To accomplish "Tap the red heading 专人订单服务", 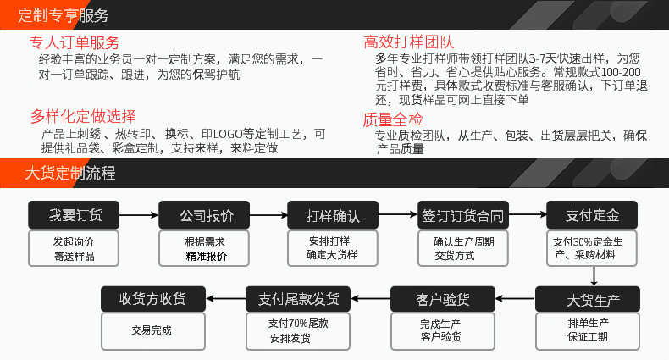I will pos(75,43).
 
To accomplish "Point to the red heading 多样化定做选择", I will pos(83,117).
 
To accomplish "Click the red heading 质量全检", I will pos(392,119).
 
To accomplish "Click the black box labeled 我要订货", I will pos(75,215).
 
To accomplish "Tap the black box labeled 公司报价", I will pos(206,215).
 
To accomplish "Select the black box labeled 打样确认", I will pos(333,215).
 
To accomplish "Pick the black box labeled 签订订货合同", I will pos(462,215).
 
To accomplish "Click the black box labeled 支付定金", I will pos(594,215).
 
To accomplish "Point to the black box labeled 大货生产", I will pos(594,301).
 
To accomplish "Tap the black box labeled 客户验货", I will pos(443,300).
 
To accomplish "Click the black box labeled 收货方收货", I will pos(152,300).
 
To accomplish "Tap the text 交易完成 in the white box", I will pos(152,330).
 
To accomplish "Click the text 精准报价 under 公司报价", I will pos(206,256).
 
